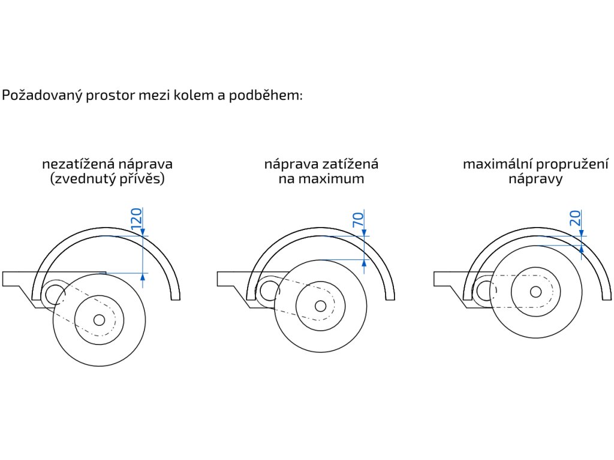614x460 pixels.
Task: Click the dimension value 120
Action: coord(136,219)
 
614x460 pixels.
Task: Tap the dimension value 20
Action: coord(575,218)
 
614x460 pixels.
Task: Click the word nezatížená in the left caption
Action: coord(76,164)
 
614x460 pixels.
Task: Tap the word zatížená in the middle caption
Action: coord(351,164)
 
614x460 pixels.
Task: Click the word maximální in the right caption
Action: coord(496,164)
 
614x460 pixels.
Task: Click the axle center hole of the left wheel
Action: coord(100,319)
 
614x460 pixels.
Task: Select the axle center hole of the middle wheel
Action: coord(321,306)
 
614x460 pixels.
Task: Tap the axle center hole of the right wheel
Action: coord(536,292)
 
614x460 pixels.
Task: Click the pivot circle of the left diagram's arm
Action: coord(55,293)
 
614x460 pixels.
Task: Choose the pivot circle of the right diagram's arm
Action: coord(482,292)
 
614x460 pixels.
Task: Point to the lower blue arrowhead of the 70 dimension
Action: coord(364,261)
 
